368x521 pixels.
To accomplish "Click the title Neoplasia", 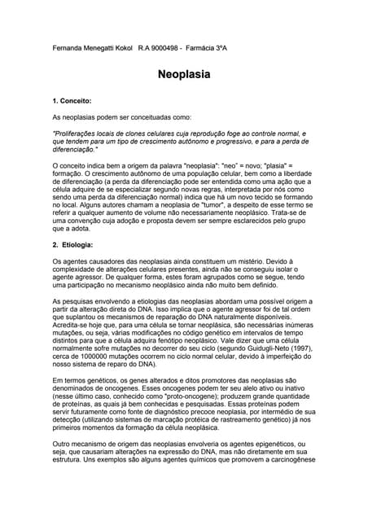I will point(184,74).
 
